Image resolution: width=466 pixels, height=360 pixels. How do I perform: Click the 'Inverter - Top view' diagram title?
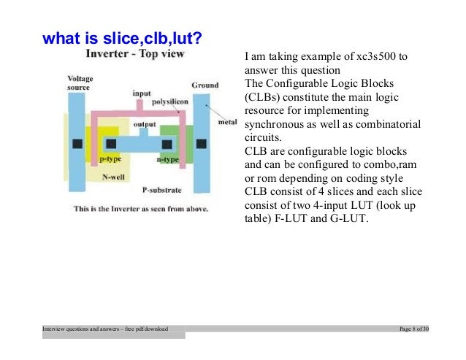point(135,55)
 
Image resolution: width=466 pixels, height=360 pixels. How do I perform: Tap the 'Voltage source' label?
point(80,83)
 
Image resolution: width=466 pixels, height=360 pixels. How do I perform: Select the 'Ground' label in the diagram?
point(205,85)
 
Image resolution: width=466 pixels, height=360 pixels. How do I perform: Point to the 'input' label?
point(142,93)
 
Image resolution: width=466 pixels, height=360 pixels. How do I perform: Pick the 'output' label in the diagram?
point(145,124)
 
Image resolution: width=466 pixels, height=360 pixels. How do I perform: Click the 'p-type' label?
point(110,158)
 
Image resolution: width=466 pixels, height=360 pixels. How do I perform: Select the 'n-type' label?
point(169,158)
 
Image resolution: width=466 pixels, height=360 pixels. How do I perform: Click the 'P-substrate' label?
point(162,189)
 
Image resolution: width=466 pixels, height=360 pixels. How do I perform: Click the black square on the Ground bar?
point(202,141)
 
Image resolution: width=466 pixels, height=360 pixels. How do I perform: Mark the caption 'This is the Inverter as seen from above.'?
point(142,207)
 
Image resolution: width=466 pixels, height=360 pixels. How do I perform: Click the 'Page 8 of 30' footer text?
point(413,330)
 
